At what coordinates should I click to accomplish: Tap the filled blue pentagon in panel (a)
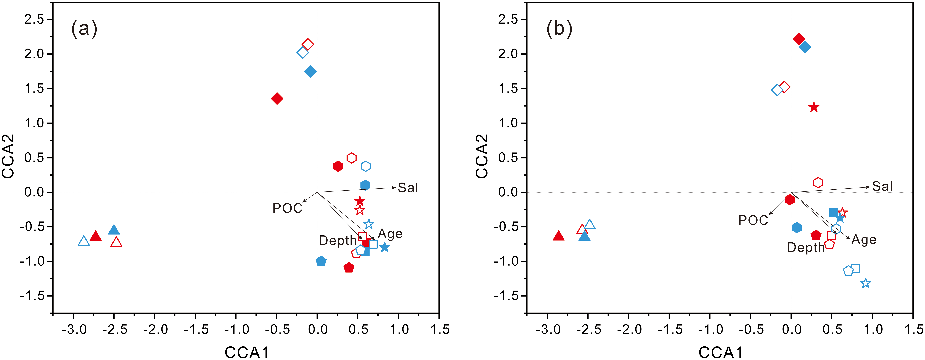[321, 261]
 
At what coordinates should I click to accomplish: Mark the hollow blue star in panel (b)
[866, 283]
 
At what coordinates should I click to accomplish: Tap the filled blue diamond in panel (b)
[805, 47]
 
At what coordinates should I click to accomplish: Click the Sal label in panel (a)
[408, 188]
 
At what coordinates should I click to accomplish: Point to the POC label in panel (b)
[753, 220]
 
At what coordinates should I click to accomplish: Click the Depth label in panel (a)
[338, 241]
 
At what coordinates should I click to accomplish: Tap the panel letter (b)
[559, 29]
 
